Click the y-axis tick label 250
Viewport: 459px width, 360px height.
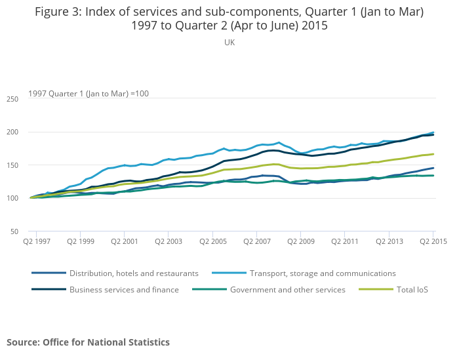click(x=12, y=99)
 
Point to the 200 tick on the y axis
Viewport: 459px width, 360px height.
click(x=12, y=132)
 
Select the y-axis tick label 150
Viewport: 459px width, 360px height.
click(x=12, y=165)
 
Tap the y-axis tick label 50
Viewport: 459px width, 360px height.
click(x=14, y=231)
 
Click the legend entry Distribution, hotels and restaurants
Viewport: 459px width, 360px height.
click(x=134, y=273)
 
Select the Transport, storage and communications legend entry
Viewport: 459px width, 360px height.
click(x=323, y=273)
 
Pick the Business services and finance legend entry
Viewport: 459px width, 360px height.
click(x=124, y=289)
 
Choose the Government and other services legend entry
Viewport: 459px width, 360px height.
click(x=287, y=289)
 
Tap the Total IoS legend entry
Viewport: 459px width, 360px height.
click(x=410, y=289)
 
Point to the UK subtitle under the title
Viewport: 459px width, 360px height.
click(x=229, y=42)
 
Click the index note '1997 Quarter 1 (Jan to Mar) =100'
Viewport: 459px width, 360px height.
click(x=89, y=93)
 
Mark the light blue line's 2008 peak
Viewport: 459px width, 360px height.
click(x=279, y=142)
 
